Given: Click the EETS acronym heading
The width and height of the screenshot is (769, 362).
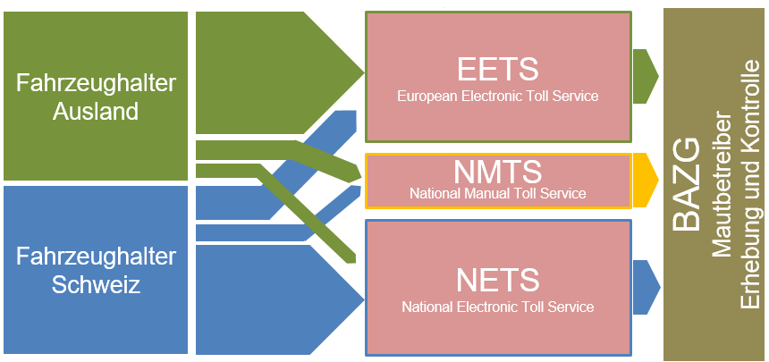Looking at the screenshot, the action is (x=498, y=70).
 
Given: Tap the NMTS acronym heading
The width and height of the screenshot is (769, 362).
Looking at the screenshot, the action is (x=498, y=172).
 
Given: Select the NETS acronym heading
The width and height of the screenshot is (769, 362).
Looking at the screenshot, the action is (x=498, y=280).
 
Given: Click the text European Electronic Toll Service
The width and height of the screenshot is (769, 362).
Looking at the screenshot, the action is (x=498, y=96).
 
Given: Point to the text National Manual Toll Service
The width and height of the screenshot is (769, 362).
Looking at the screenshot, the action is (x=498, y=193).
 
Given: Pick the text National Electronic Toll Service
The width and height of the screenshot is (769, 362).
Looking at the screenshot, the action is (x=498, y=307).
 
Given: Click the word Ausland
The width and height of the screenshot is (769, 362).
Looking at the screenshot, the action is (x=96, y=112).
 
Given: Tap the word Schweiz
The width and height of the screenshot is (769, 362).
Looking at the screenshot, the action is (x=97, y=285).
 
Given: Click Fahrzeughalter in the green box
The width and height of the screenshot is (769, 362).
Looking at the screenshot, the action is (x=96, y=83).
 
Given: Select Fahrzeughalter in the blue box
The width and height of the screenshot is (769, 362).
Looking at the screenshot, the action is (x=96, y=257).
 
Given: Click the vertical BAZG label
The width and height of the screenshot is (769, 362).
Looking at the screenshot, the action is (x=686, y=183).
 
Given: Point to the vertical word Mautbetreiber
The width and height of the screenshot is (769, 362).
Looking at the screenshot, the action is (x=721, y=186).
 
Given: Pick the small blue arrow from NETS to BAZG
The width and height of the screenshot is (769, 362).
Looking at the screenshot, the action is (x=646, y=288).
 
